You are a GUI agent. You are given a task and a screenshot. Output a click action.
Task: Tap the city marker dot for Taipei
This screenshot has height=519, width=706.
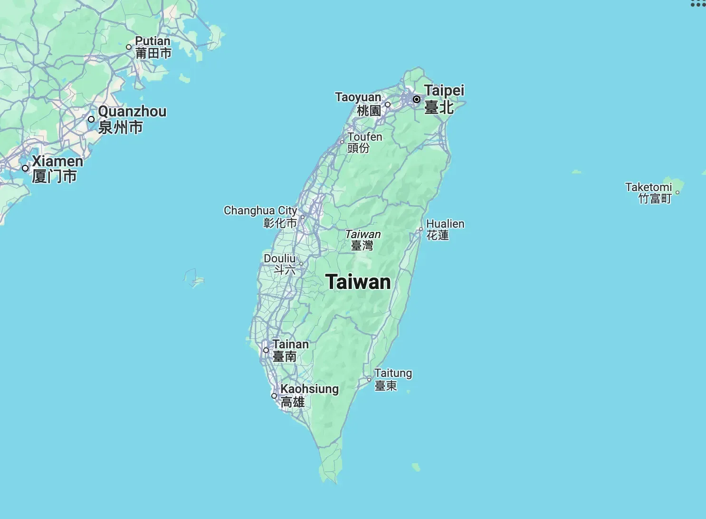416,99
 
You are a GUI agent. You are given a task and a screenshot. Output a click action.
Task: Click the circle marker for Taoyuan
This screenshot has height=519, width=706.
388,105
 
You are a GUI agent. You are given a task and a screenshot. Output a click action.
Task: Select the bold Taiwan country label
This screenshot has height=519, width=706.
358,282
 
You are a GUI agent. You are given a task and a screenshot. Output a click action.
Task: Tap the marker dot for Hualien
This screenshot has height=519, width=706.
420,229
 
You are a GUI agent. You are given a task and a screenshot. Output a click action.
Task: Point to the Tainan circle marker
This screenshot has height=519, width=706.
266,350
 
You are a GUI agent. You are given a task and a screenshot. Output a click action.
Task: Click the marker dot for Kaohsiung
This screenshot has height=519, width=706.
274,395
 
